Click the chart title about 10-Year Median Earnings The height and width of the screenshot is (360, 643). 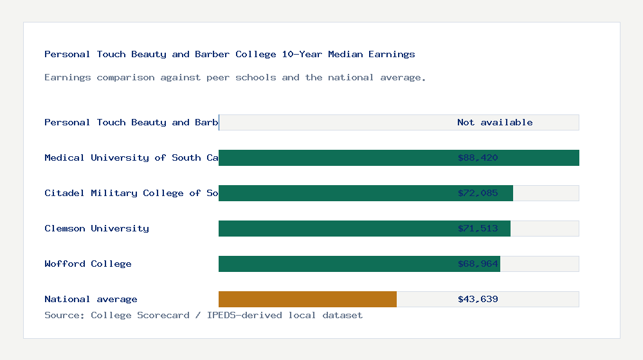[x=230, y=54]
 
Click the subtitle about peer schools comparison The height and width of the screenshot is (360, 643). [x=235, y=77]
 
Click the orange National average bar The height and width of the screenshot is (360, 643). [x=307, y=299]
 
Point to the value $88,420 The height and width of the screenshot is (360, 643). [x=478, y=157]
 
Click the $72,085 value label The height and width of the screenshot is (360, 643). [x=478, y=193]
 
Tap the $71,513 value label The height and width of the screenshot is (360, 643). [x=478, y=228]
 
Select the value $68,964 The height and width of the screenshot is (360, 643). [x=478, y=264]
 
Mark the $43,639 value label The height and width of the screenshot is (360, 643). [x=478, y=299]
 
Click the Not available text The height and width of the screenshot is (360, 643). [x=494, y=122]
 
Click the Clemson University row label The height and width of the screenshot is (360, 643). [x=96, y=228]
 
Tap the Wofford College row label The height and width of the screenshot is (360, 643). [x=88, y=264]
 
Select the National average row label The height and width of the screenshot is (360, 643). [x=91, y=299]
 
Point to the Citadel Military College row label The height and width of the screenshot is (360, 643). [x=131, y=193]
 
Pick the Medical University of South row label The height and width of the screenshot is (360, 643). [x=131, y=157]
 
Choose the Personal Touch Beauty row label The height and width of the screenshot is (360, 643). [x=131, y=122]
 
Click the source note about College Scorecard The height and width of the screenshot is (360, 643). [x=203, y=315]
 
